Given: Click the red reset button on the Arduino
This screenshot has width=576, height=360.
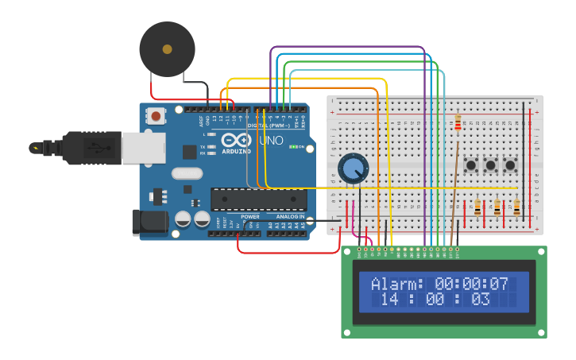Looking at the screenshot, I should [x=156, y=117].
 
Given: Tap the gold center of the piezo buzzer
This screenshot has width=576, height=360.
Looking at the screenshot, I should [x=167, y=49].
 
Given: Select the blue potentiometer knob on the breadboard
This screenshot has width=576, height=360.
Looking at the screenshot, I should [x=353, y=168].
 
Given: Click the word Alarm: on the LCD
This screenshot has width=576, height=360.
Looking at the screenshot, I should [x=398, y=284].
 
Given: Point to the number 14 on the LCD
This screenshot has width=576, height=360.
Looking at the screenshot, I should [x=389, y=300].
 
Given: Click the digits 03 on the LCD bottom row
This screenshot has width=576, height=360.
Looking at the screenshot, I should [x=481, y=300].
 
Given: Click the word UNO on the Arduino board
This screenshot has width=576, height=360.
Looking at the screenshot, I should [x=272, y=141].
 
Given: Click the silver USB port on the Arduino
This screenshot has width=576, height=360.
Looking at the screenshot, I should [x=144, y=148].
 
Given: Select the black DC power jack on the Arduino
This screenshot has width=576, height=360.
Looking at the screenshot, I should [x=149, y=223].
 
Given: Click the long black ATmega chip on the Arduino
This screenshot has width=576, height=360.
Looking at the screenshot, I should [x=258, y=199].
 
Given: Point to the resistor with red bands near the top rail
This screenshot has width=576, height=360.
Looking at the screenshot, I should [x=458, y=122].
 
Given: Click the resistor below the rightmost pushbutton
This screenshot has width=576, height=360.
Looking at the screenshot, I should [x=516, y=207].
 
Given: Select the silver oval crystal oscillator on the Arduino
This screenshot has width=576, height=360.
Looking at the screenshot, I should [x=187, y=173].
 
